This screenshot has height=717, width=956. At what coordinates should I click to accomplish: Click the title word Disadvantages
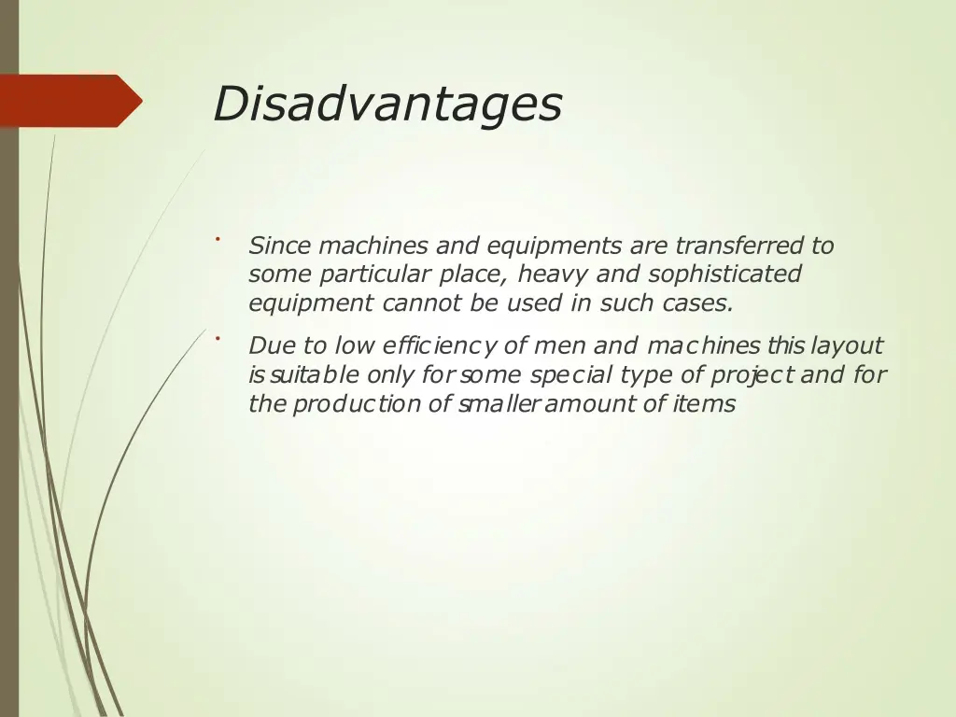click(387, 104)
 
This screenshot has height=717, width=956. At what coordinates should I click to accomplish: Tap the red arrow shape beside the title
click(71, 100)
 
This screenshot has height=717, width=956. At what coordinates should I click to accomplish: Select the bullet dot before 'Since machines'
click(216, 239)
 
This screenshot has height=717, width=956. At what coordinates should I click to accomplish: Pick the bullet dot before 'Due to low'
click(216, 338)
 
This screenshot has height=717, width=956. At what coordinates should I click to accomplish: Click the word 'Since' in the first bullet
click(280, 246)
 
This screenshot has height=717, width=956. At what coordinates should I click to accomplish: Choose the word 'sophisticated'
click(724, 274)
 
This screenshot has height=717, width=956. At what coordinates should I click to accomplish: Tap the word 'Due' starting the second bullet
click(272, 346)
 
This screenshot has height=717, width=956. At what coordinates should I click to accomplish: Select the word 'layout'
click(847, 346)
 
